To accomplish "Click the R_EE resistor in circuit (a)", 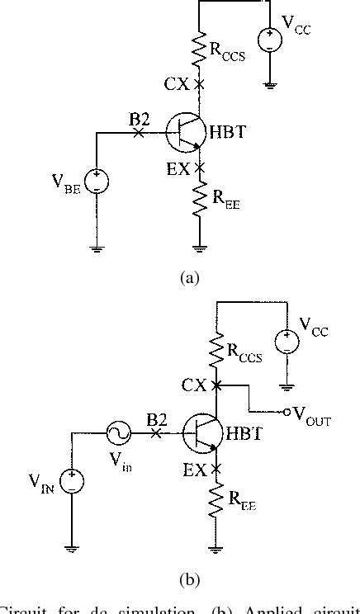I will coord(199,201).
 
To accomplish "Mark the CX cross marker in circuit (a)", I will coord(199,84).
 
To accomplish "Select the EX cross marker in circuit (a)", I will coord(199,168).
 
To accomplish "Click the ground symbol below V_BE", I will coord(97,248).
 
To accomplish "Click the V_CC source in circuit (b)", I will coord(287,339).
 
